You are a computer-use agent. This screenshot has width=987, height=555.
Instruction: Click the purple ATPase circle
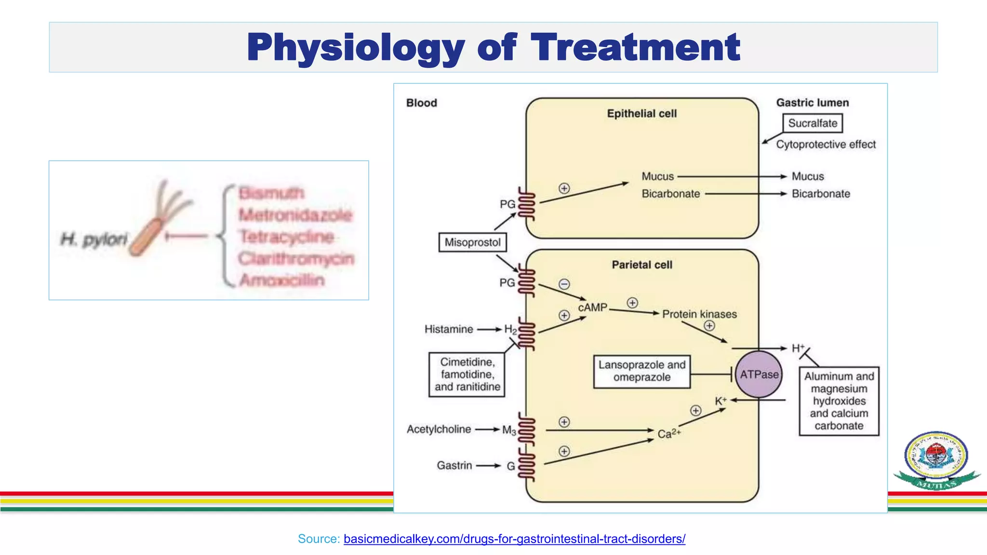click(759, 374)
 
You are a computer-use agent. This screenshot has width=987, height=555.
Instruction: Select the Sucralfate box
click(813, 123)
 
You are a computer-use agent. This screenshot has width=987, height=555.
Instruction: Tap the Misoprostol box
click(472, 242)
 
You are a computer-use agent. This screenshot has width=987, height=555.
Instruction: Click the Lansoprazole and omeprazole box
click(641, 371)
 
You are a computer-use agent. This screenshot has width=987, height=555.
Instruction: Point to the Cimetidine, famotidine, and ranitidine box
click(467, 374)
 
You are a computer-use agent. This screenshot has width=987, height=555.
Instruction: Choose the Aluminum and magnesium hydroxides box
click(839, 401)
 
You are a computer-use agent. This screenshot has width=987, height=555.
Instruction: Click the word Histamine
click(449, 330)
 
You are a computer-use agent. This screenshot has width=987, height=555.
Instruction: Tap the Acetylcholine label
click(439, 429)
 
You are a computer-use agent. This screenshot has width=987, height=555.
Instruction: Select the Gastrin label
click(454, 465)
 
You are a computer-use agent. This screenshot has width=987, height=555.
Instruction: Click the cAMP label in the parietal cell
click(593, 307)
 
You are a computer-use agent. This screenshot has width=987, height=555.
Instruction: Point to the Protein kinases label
click(699, 314)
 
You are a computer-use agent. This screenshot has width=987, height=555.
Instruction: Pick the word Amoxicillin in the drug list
click(282, 280)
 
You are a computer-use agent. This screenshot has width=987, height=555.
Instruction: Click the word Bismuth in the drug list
click(271, 193)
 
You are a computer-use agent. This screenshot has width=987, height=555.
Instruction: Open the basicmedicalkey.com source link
click(514, 539)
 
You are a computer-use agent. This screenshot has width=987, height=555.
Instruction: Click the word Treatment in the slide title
click(635, 48)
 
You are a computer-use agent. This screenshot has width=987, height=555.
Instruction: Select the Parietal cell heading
click(642, 265)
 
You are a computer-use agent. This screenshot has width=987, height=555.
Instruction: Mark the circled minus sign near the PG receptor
click(564, 284)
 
